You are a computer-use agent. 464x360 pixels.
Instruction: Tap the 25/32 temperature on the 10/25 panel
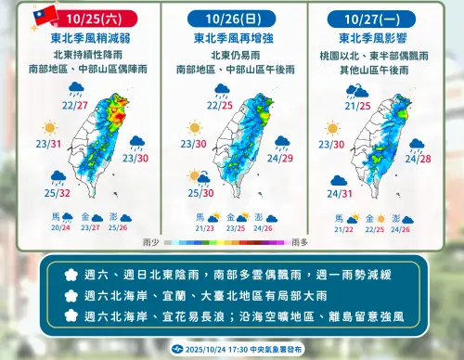[57, 194]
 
